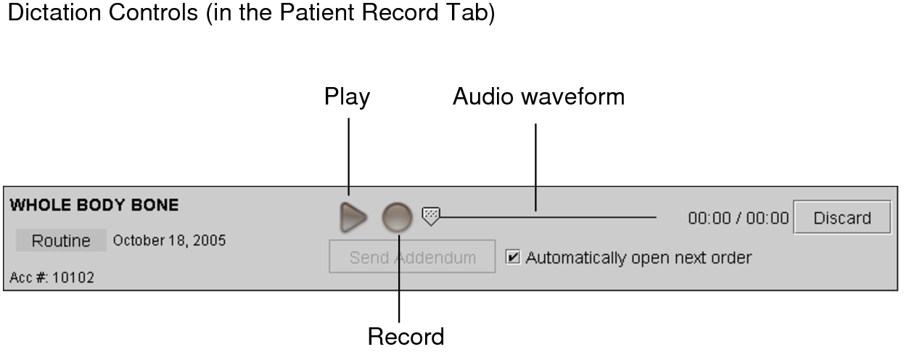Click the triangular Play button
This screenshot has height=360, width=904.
pos(353,218)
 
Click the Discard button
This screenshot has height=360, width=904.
pos(842,218)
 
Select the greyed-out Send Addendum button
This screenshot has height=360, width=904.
pos(412,257)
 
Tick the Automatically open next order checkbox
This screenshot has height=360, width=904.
pos(513,257)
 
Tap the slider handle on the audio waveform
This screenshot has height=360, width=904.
pos(431,216)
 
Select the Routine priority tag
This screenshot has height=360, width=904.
pos(61,241)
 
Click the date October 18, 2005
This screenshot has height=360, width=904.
pos(169,240)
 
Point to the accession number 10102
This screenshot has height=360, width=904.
pos(73,277)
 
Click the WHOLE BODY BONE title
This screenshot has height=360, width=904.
pos(94,205)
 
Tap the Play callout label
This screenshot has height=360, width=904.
pos(347,97)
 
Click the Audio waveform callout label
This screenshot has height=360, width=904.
pos(538,97)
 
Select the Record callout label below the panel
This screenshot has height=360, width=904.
pos(406,337)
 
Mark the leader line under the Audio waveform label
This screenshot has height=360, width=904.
pos(535,167)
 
